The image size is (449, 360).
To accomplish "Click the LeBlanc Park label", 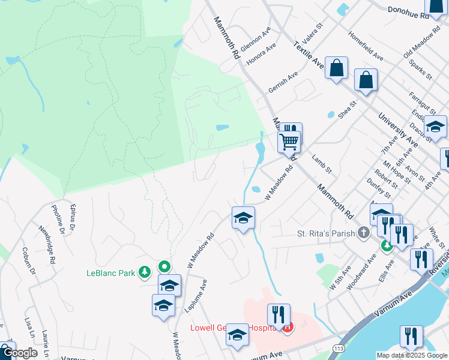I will click(110, 274).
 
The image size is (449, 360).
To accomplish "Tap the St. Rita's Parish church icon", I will click(363, 232).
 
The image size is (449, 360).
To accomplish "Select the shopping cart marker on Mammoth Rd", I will click(289, 143).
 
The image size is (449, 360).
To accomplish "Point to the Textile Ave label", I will click(309, 55).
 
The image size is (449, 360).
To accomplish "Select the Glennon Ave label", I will click(256, 39).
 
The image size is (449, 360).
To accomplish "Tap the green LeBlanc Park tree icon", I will click(144, 273).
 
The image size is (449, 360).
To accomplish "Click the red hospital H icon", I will click(288, 328).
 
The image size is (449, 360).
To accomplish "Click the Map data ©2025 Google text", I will click(412, 355).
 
